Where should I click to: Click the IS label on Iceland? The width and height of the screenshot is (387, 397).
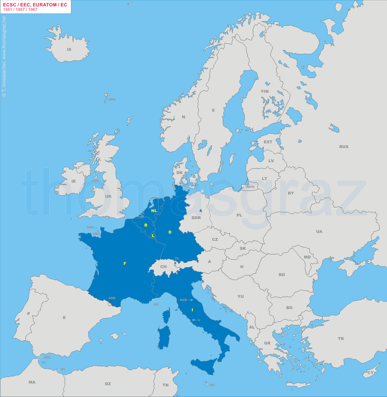69,50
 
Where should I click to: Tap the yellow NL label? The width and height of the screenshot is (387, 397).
154,210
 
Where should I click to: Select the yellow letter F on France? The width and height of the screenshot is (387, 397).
125,263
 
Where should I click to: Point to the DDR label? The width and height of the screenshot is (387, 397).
196,218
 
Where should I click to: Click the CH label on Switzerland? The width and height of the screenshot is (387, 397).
163,266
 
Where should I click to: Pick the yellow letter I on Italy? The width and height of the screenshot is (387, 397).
192,310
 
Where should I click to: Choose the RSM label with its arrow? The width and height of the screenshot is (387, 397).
186,300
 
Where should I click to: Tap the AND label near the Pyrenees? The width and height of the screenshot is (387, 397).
112,298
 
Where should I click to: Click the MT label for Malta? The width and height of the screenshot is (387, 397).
212,385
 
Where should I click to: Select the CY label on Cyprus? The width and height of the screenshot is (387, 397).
370,372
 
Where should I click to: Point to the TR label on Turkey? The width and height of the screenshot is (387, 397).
341,338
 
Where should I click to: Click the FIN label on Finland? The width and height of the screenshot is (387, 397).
265,91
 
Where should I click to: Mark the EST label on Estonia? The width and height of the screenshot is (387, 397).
268,142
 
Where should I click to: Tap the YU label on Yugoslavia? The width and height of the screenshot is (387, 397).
241,296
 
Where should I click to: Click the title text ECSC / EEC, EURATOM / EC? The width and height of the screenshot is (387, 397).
35,5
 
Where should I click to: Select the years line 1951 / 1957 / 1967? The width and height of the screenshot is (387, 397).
20,10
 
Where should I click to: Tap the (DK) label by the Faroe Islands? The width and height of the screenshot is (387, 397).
112,99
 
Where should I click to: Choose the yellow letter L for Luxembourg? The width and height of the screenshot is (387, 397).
153,235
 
